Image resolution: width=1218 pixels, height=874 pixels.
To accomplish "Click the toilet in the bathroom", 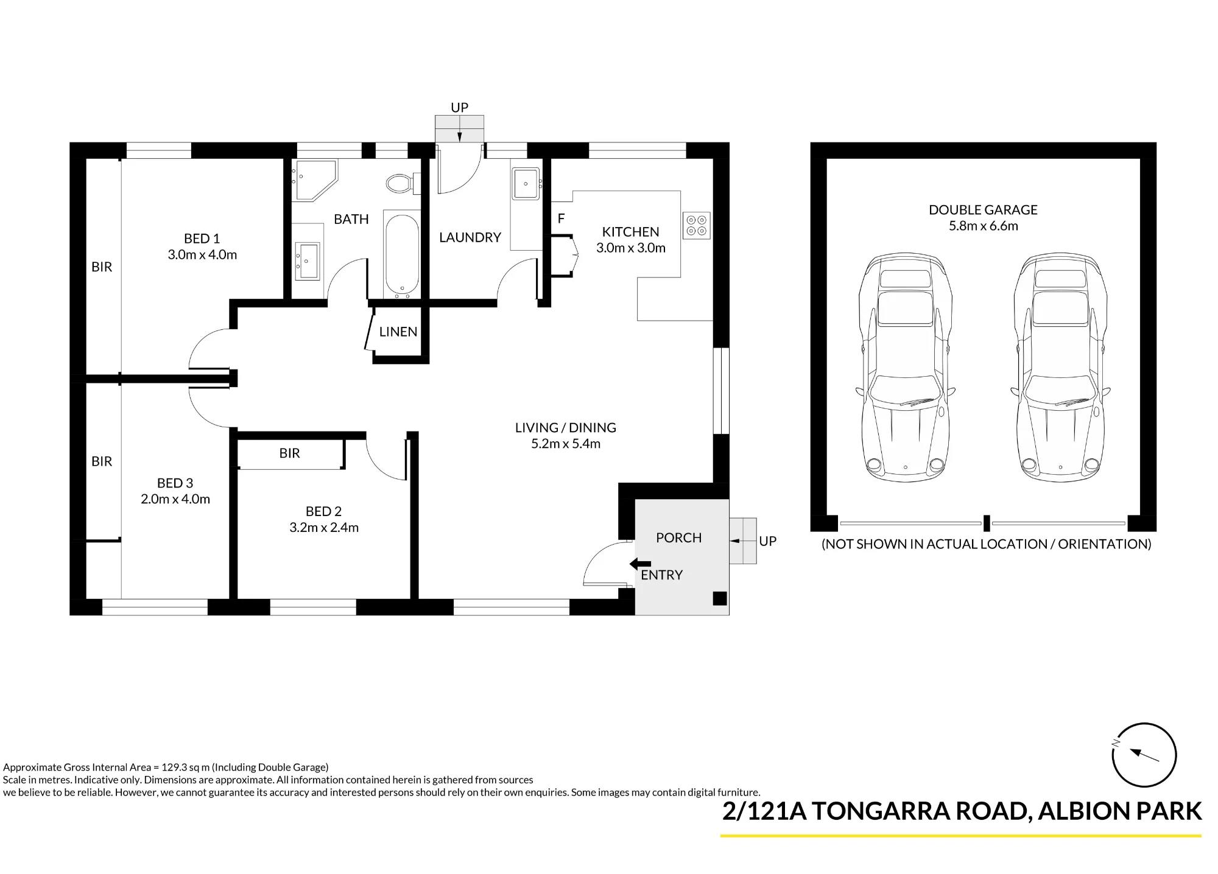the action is pos(403,183).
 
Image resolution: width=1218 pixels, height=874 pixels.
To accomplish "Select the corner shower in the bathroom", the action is pos(314,181).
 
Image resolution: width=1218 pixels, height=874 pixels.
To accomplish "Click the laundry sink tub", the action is pos(526,183).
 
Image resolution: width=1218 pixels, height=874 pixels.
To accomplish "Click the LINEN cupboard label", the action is pos(398,332).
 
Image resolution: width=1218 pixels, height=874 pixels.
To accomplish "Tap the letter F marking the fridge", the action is pos(561,218).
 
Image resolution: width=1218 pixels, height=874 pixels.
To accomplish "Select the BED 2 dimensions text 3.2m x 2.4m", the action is pos(324,528).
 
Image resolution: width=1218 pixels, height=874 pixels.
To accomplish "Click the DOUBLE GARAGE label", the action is pos(983,210).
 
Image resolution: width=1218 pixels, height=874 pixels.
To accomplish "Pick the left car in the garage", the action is pos(905,368).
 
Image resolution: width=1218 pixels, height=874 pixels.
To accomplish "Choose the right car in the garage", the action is pos(1060,368).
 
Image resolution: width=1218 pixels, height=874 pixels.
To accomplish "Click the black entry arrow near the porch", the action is pos(640,564).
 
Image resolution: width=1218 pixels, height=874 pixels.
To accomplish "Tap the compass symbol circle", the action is pos(1144,755).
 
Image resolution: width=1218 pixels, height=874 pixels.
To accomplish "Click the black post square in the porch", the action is pos(720,598).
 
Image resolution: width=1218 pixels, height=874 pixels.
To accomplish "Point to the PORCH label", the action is pos(678,538).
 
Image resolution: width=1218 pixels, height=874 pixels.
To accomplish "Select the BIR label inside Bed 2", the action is pos(290,453).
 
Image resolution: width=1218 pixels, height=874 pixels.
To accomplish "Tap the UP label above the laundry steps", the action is pos(459,108).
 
